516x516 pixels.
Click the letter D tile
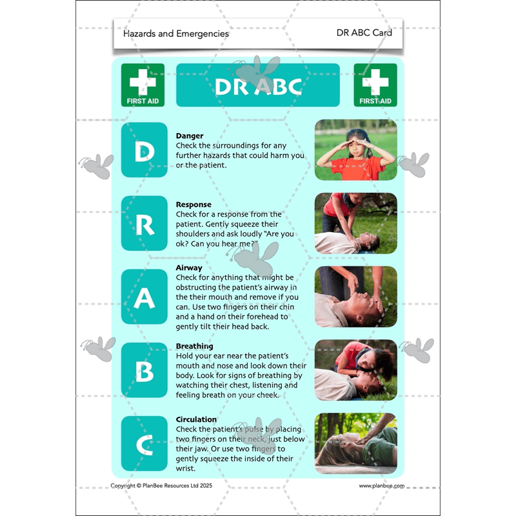[x=144, y=150]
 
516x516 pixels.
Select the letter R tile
[x=144, y=223]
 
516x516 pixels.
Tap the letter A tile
[x=144, y=297]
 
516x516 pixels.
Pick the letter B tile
[x=144, y=370]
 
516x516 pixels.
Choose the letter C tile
[x=144, y=444]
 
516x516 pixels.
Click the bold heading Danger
[x=190, y=136]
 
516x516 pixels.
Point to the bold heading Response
[x=193, y=204]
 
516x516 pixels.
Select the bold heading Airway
[x=189, y=267]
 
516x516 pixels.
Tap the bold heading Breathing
[x=194, y=346]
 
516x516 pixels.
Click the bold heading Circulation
[x=196, y=419]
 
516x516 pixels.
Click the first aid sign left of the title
[x=143, y=84]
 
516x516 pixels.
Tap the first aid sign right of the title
[x=375, y=84]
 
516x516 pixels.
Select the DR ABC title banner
[x=257, y=85]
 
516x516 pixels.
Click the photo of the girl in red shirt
[x=356, y=150]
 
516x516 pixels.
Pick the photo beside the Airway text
[x=356, y=297]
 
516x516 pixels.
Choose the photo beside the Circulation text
[x=356, y=444]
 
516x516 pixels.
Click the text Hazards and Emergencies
[x=175, y=34]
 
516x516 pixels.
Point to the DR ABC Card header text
[x=364, y=32]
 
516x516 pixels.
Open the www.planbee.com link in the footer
[x=381, y=486]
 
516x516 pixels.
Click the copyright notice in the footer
[x=161, y=486]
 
